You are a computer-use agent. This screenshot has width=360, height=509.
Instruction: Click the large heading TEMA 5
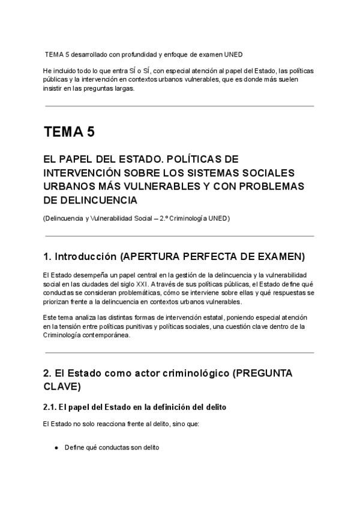(68, 131)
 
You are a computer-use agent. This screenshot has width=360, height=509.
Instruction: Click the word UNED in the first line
(233, 55)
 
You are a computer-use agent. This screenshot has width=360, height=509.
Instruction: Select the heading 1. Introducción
(79, 257)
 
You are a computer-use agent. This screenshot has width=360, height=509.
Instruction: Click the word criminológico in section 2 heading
(181, 373)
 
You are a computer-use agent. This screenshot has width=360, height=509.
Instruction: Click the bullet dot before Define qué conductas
(56, 448)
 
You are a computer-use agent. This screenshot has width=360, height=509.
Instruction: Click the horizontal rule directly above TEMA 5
(179, 106)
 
